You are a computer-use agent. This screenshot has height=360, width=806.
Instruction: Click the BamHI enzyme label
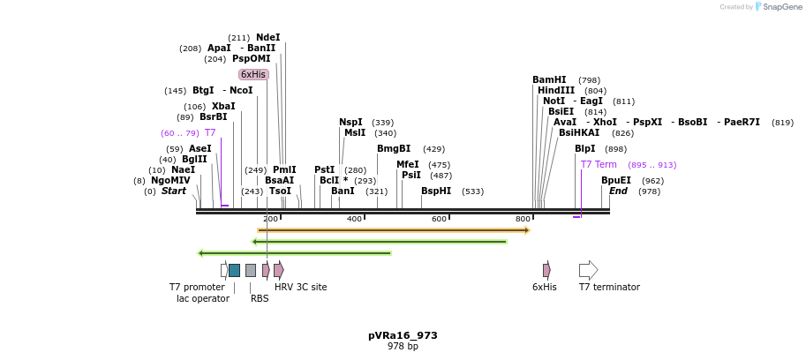pos(549,80)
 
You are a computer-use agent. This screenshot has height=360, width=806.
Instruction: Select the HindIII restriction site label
pos(556,91)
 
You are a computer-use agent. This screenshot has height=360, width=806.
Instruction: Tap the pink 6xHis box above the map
pos(253,75)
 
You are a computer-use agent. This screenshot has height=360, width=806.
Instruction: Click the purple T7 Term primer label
pos(599,165)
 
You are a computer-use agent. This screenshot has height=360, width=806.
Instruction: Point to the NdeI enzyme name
pos(268,38)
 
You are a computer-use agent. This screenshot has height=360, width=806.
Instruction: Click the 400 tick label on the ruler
pos(354,219)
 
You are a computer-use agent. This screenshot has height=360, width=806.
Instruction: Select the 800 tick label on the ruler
pos(523,219)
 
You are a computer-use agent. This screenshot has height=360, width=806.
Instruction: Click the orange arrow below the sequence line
pos(393,230)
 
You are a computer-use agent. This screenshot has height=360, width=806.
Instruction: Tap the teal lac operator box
pos(234,270)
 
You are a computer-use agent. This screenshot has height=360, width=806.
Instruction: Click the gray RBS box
pos(251,270)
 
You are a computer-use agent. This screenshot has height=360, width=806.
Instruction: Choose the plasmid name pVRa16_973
pos(403,335)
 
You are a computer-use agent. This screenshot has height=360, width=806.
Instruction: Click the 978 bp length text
pos(403,347)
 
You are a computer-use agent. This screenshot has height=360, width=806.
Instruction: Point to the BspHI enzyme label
pos(436,191)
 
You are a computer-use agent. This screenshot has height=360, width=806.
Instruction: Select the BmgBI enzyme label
pos(394,149)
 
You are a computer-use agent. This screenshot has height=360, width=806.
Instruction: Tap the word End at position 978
pos(618,191)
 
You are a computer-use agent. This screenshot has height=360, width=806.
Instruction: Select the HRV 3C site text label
pos(300,288)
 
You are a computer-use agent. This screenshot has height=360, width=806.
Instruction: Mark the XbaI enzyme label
pos(223,107)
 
